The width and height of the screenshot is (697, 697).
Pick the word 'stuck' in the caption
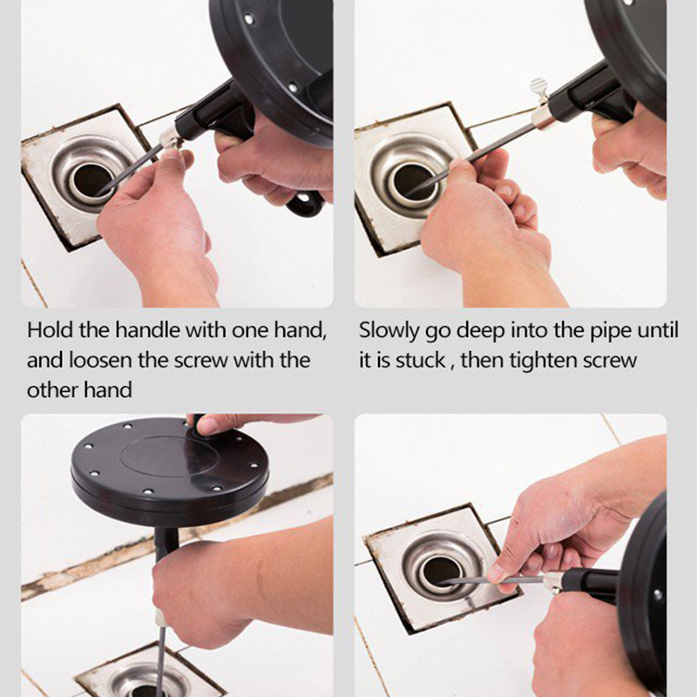click(x=420, y=360)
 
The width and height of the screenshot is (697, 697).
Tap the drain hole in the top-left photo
click(x=91, y=180)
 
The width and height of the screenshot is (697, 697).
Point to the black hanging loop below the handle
click(x=306, y=204)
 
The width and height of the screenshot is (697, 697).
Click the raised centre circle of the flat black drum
click(x=170, y=457)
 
